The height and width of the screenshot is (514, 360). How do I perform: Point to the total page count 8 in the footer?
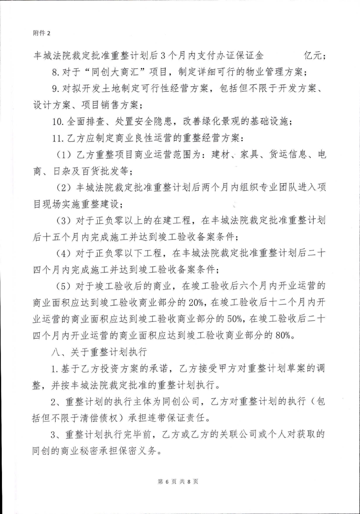(189, 482)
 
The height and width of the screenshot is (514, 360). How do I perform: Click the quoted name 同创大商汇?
(128, 72)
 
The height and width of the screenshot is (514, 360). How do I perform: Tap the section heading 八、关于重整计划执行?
(99, 352)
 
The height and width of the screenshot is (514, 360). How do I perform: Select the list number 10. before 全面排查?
(58, 122)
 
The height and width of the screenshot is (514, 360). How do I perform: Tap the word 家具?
(249, 155)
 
